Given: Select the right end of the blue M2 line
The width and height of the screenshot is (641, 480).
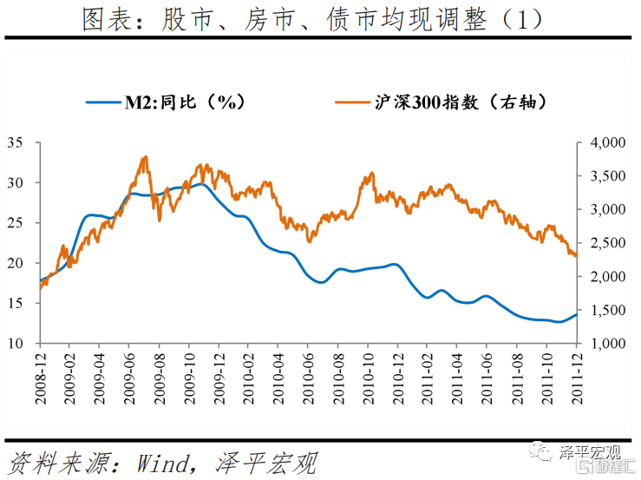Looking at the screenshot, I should pos(577,314).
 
